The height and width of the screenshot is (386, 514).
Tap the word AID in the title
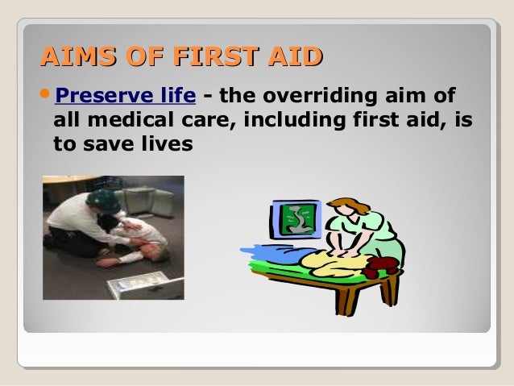[296, 57]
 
